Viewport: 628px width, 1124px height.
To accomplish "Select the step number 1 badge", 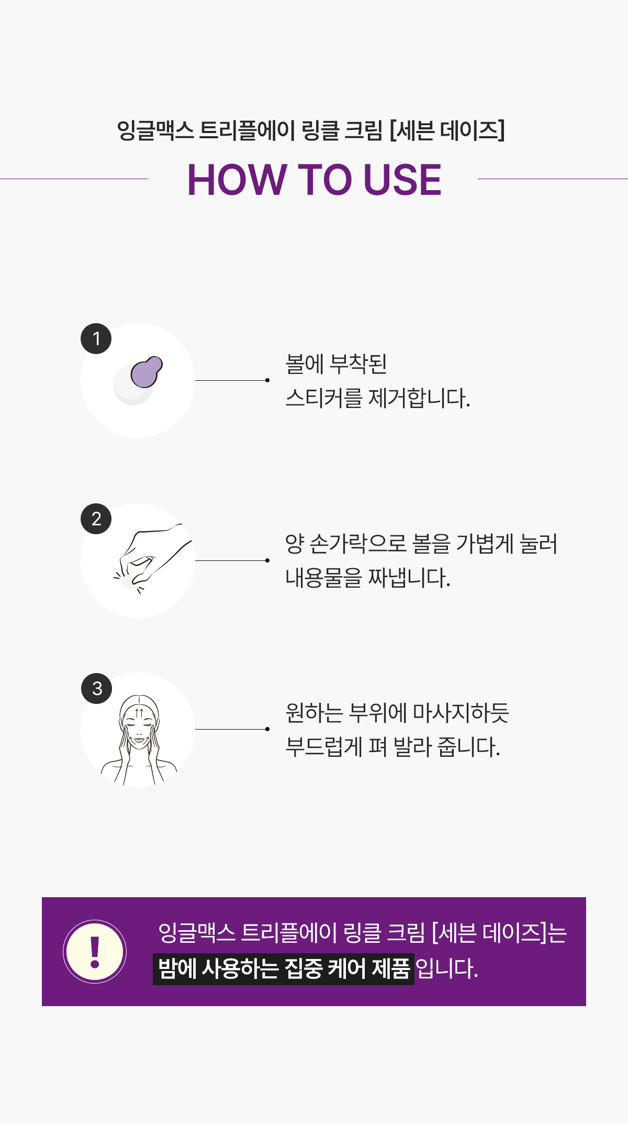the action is [x=96, y=339].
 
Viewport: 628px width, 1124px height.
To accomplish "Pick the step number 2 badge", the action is [x=96, y=519].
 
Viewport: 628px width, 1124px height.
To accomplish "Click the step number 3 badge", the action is [x=97, y=688].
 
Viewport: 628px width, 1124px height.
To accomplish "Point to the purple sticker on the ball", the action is [x=147, y=371].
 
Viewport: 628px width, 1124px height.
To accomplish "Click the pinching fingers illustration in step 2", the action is [x=152, y=558].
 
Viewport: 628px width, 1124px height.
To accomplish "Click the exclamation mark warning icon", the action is [x=95, y=952].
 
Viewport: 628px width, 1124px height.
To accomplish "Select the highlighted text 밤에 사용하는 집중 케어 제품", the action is [x=284, y=969].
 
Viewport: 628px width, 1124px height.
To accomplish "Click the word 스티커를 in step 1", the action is [x=324, y=399].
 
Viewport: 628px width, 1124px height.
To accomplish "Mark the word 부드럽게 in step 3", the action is [x=324, y=747].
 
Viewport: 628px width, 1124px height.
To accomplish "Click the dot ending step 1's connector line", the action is [x=267, y=380].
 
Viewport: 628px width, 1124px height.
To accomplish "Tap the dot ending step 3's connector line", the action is [x=267, y=729].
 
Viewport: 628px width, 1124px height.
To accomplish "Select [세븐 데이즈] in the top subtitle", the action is [x=447, y=130].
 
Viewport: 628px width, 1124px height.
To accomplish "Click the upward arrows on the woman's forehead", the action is [x=139, y=713].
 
